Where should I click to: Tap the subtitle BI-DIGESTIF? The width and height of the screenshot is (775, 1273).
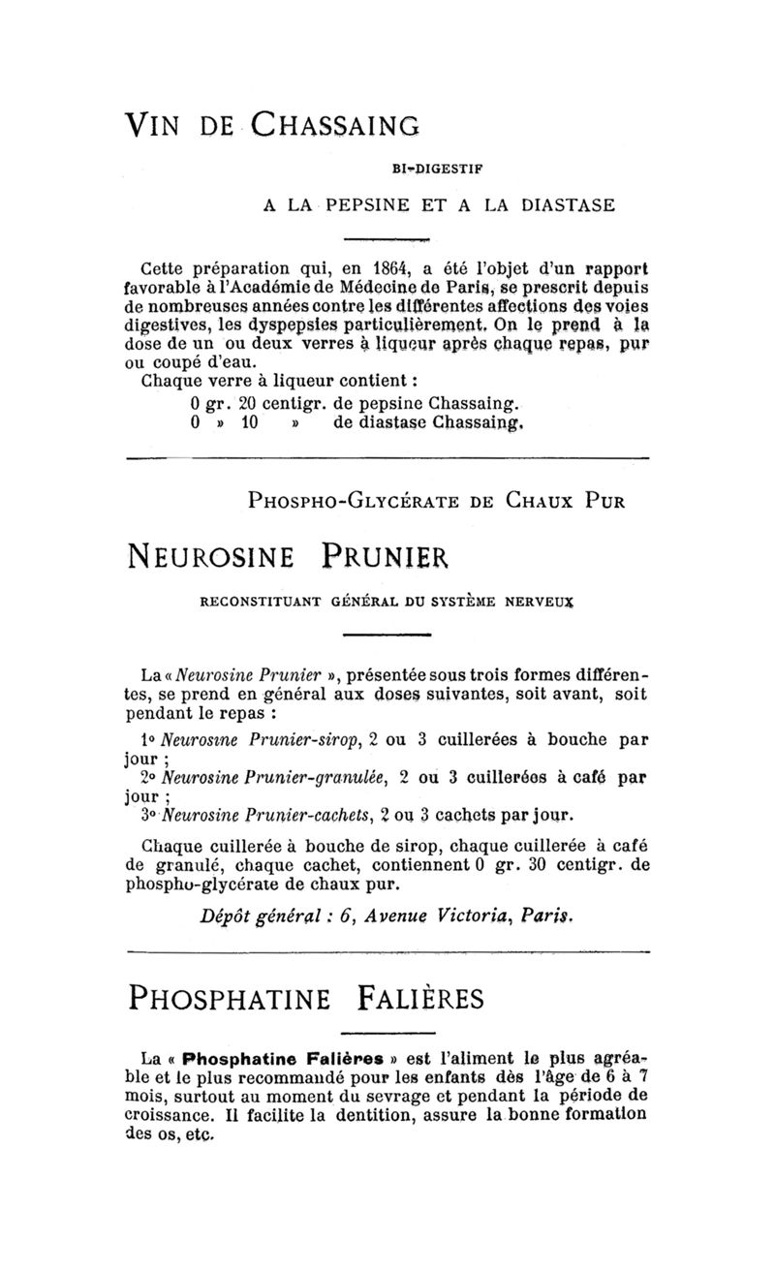coord(437,168)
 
